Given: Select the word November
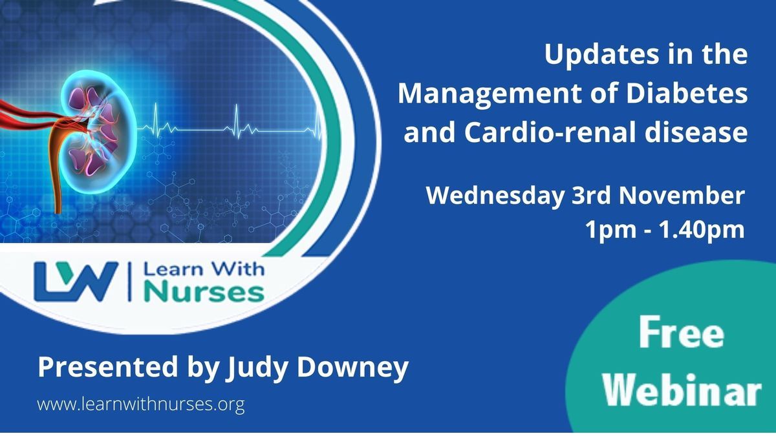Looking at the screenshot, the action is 682,196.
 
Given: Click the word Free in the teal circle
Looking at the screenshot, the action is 682,333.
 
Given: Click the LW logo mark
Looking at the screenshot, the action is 76,282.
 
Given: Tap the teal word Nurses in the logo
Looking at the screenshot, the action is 204,293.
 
